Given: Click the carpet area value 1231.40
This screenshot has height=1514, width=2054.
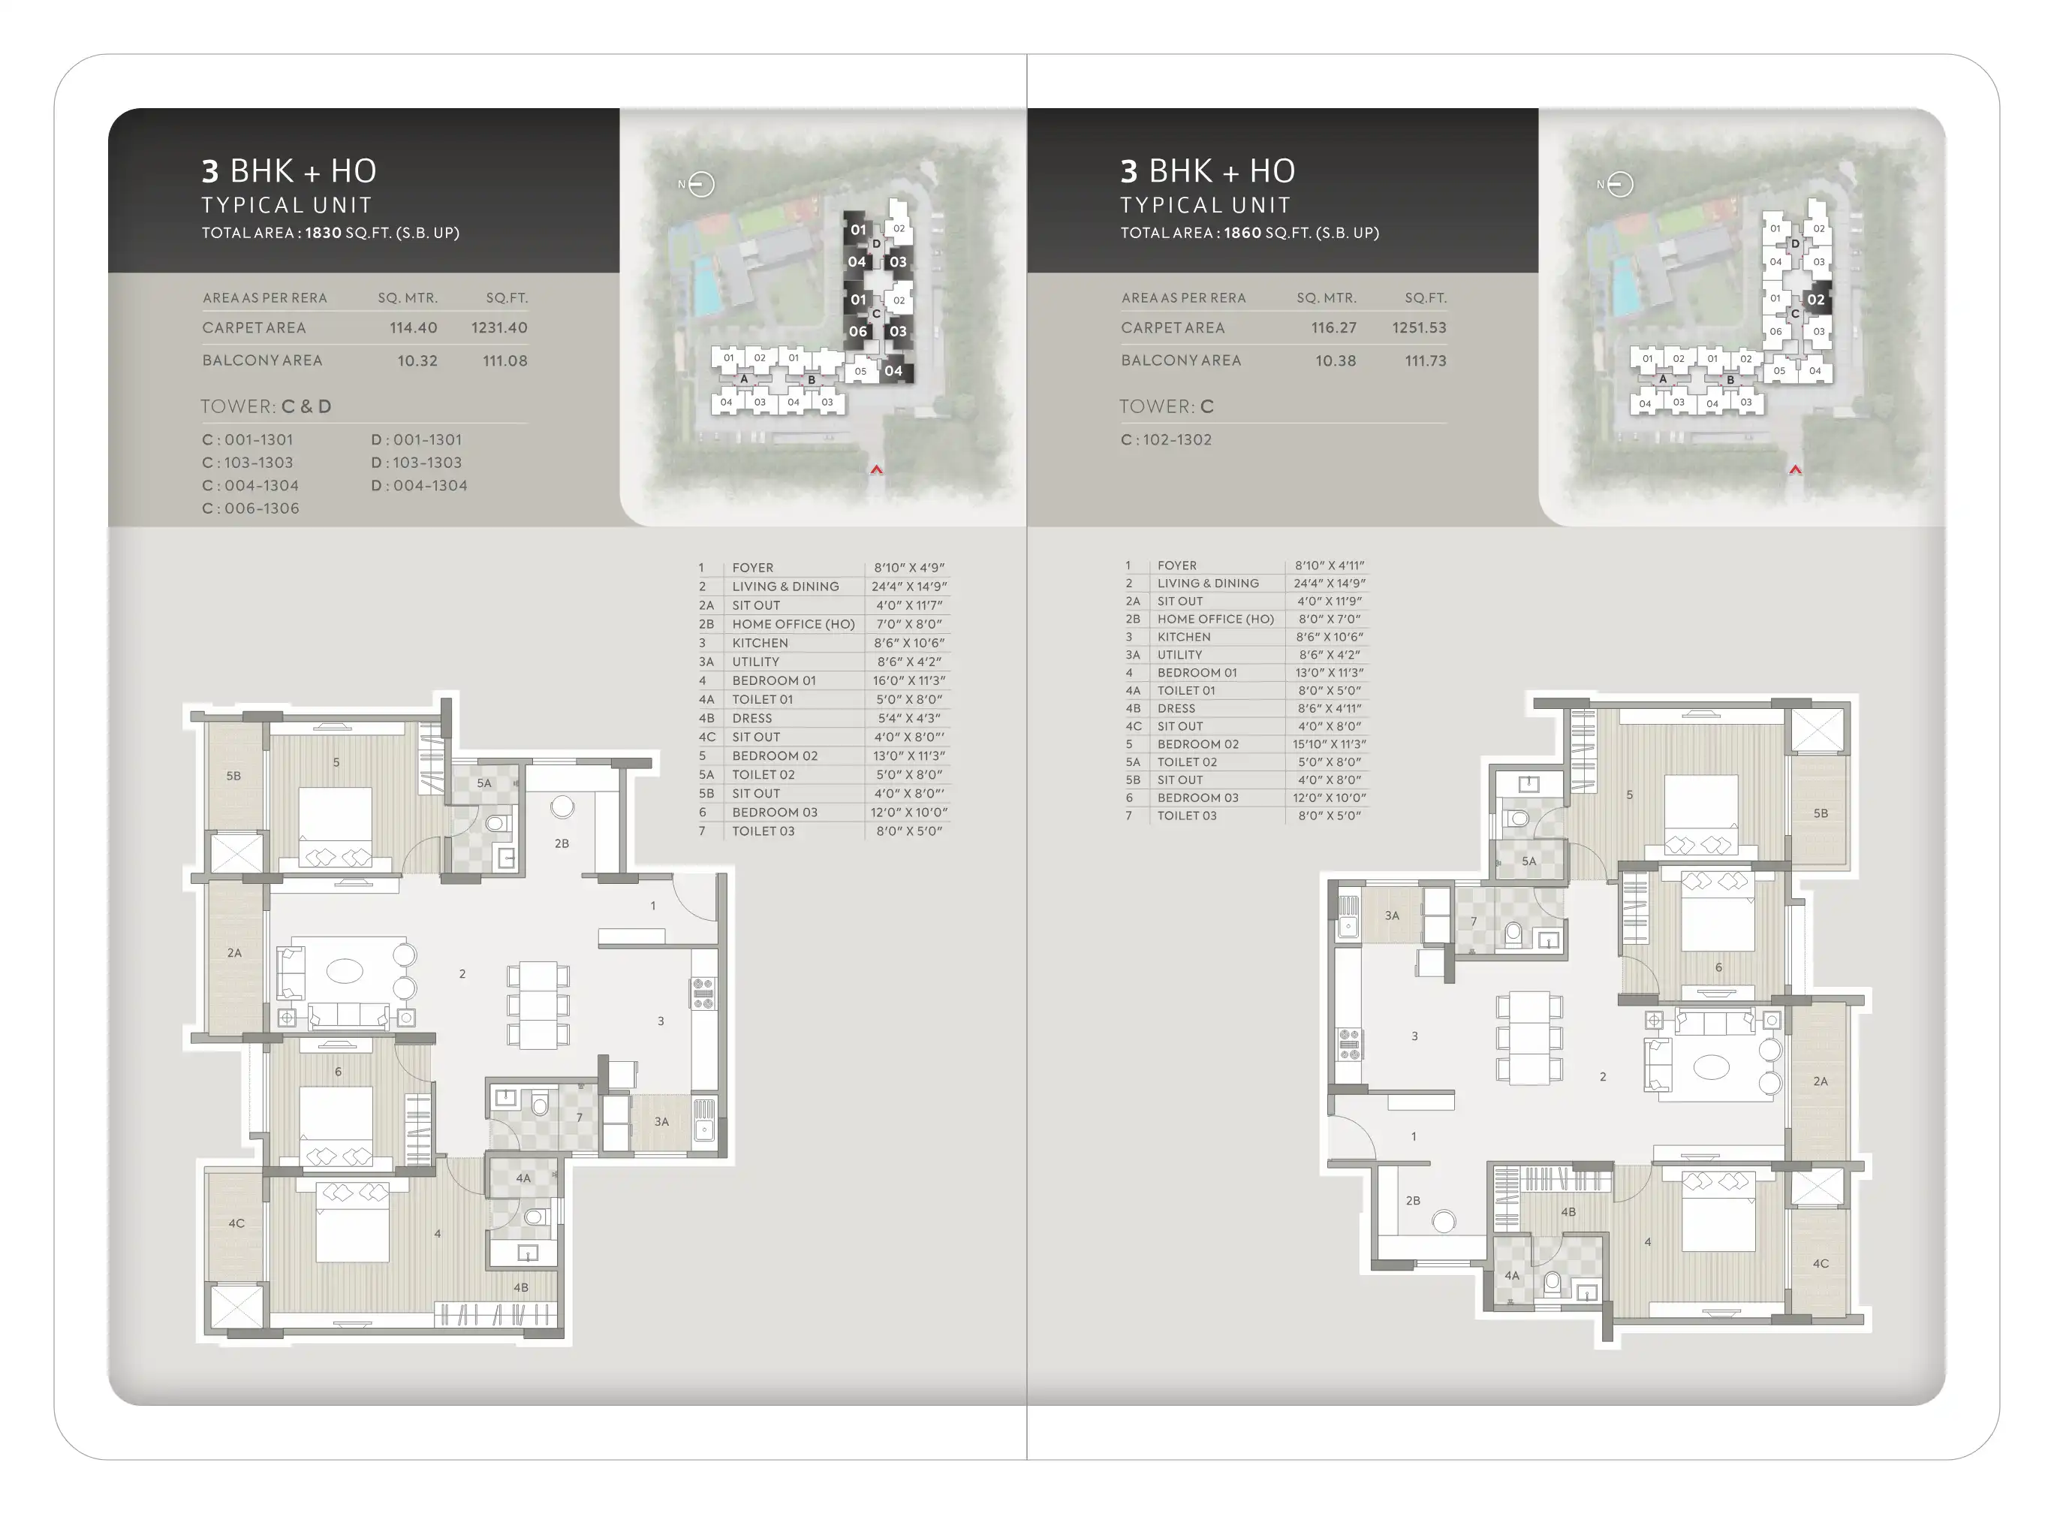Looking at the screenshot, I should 499,328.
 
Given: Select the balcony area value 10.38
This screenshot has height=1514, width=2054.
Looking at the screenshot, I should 1335,361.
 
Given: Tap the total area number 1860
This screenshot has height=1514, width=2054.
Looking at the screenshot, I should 1242,233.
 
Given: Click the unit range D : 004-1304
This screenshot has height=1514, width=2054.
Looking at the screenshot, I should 419,486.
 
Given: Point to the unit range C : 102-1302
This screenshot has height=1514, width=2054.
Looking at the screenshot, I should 1166,440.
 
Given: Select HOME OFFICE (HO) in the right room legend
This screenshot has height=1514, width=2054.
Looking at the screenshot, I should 1215,619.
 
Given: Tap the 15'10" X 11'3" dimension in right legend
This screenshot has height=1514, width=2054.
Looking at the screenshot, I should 1330,744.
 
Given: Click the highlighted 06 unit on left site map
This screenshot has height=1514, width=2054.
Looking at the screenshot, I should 857,332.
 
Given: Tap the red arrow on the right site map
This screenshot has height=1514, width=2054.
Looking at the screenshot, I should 1796,469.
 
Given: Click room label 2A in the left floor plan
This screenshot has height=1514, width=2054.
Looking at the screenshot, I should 234,953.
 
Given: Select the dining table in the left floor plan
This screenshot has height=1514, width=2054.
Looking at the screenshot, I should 538,1004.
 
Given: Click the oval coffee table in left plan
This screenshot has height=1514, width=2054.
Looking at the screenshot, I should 345,970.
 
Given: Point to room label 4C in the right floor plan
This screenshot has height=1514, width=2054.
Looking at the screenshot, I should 1821,1264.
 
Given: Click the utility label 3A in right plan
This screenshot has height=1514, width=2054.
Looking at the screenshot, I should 1392,915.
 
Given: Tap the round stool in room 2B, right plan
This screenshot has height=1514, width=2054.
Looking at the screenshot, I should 1444,1222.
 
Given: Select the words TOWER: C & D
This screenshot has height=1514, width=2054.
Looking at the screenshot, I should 266,407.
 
